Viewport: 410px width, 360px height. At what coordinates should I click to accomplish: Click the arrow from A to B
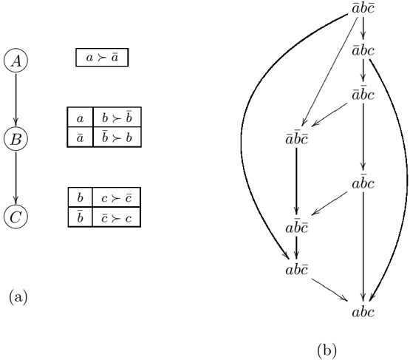(16, 100)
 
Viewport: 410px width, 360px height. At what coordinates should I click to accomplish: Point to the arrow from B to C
(16, 178)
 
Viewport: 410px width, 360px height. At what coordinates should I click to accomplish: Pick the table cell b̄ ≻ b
(117, 137)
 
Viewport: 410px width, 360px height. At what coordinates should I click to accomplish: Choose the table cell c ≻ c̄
(117, 197)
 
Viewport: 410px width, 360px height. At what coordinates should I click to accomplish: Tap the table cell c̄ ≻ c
(117, 217)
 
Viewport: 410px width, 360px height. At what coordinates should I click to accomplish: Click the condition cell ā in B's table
(80, 137)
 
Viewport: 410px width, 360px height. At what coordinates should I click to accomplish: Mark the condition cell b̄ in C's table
(80, 217)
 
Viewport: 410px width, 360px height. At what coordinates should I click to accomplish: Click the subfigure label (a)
(18, 297)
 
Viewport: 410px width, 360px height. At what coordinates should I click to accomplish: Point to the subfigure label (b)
(327, 350)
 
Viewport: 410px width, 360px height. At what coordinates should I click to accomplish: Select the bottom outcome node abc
(363, 312)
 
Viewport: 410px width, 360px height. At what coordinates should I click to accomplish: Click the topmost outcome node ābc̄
(363, 8)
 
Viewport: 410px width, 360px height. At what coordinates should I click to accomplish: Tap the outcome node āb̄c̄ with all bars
(296, 138)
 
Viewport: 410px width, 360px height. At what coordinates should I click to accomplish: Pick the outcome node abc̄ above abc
(296, 270)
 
